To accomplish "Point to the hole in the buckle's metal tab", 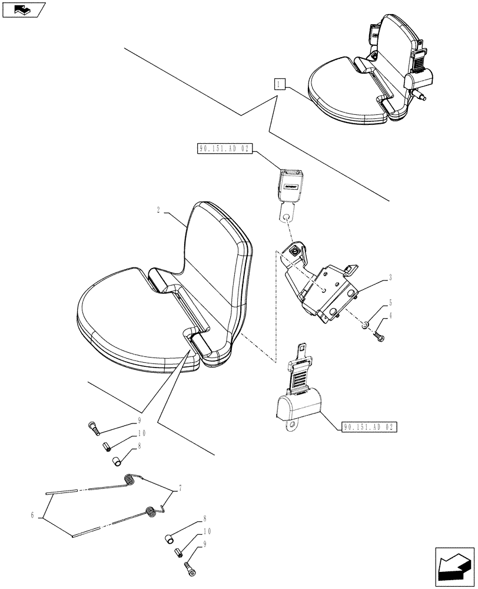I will (286, 217).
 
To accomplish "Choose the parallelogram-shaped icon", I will (24, 9).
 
